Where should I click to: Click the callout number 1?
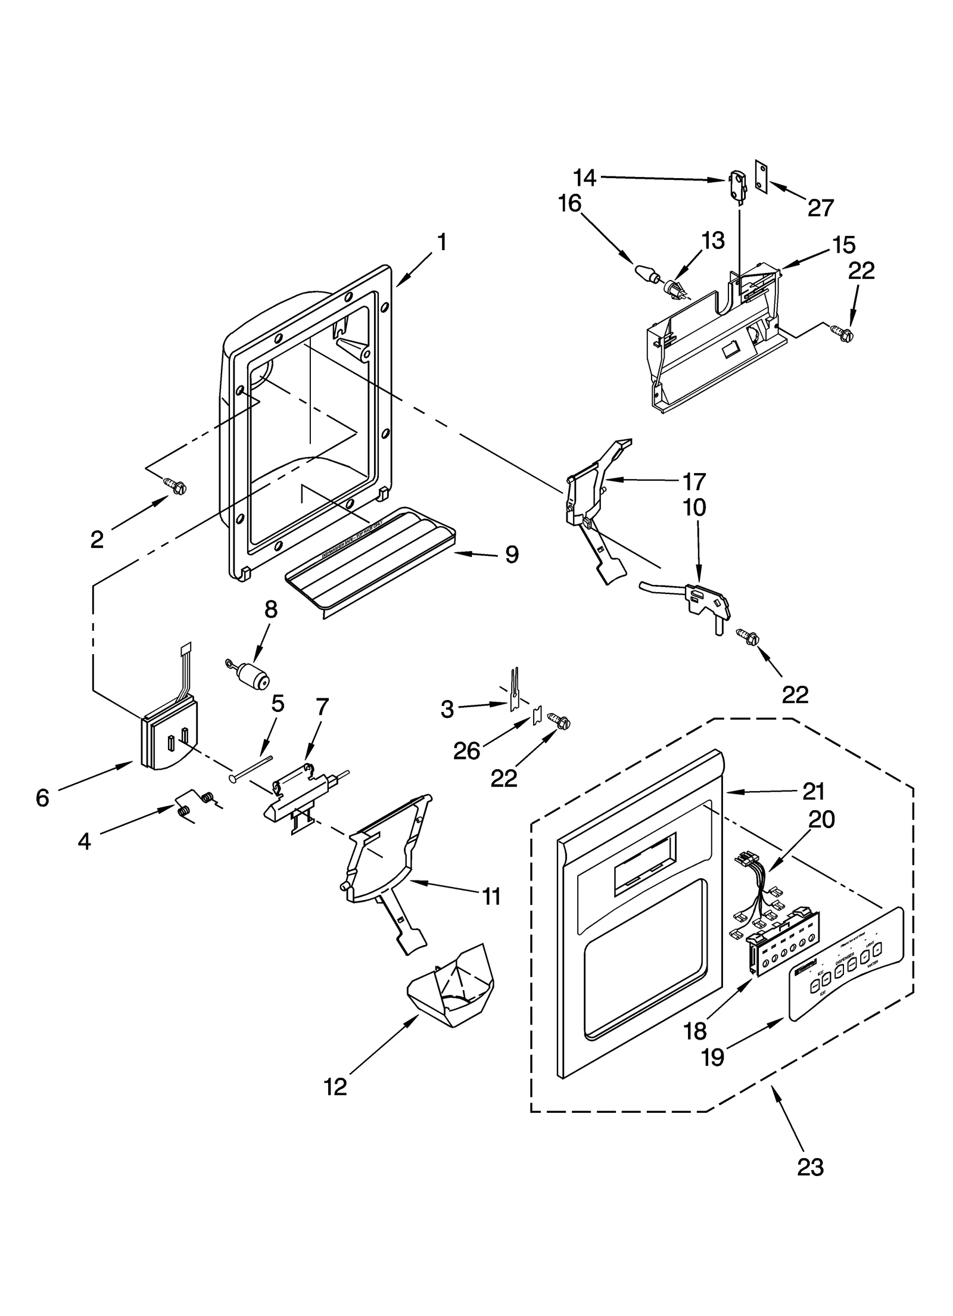(441, 242)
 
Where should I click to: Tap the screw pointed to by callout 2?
(177, 487)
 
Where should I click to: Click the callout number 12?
(335, 1087)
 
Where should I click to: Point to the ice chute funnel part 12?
(452, 987)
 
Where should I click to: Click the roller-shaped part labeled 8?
(253, 677)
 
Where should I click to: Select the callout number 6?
(42, 798)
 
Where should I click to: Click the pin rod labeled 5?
(251, 768)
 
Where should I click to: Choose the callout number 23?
(810, 1184)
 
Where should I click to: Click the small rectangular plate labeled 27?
(760, 176)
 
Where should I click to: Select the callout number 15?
(843, 245)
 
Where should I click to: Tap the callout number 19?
(712, 1041)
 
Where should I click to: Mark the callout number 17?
(694, 481)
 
